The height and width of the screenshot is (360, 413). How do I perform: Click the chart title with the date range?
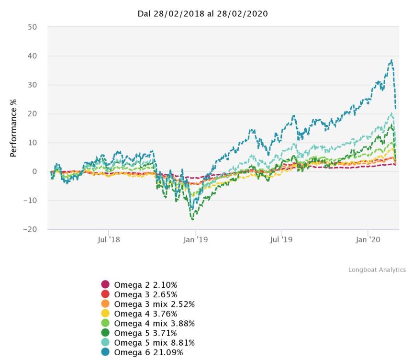tap(202, 13)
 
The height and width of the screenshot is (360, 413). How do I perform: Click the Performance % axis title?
tap(14, 128)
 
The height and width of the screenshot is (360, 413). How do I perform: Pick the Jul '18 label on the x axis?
tap(110, 239)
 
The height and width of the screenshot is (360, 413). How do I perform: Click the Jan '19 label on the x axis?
tap(195, 239)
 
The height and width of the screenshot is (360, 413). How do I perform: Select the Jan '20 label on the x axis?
tap(368, 239)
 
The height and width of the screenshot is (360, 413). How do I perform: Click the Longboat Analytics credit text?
tap(377, 270)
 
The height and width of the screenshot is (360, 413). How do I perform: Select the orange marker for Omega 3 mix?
tap(106, 304)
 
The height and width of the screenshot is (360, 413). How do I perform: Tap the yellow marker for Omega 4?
tap(106, 314)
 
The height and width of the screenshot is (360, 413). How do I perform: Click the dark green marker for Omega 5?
tap(106, 333)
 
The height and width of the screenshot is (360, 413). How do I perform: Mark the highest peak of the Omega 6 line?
tap(392, 60)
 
